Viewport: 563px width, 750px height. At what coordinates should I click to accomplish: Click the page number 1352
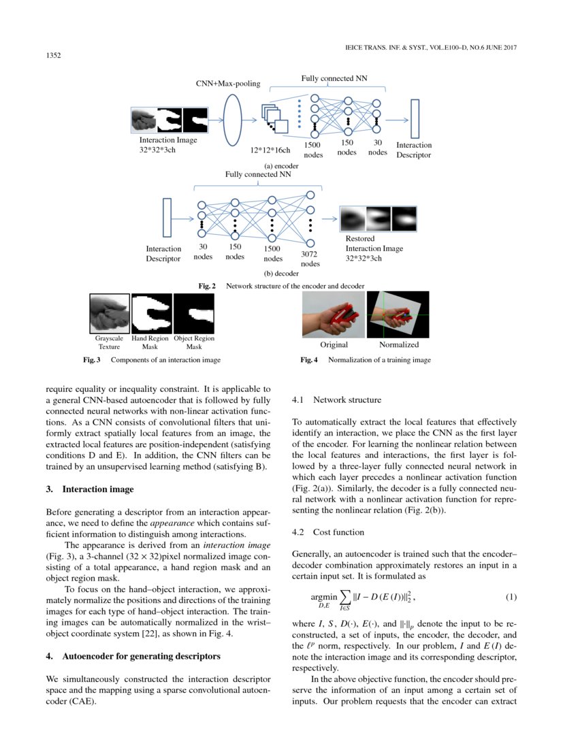[x=53, y=56]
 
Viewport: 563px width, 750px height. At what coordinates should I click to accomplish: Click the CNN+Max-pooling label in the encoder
[x=227, y=84]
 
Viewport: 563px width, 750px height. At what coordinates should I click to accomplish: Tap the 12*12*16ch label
[x=270, y=150]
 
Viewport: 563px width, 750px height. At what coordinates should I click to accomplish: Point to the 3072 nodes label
[x=310, y=259]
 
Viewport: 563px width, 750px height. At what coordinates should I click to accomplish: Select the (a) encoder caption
[x=281, y=165]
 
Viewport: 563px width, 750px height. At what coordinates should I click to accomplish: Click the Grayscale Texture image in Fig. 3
[x=109, y=314]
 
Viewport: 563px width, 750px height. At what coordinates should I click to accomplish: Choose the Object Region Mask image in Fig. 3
[x=194, y=314]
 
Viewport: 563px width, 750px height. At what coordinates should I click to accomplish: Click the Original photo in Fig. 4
[x=334, y=315]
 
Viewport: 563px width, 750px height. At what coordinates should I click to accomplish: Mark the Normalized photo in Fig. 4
[x=399, y=315]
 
